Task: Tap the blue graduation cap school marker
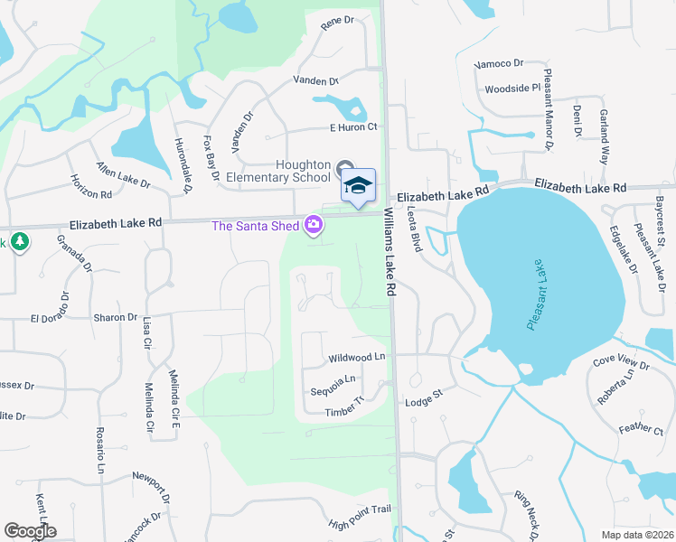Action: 358,184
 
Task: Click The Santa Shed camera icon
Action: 314,224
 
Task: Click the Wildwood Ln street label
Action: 357,358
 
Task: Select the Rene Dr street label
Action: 336,21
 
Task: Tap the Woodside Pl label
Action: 512,89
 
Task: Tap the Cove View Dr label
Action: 621,363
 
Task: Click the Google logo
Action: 31,530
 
